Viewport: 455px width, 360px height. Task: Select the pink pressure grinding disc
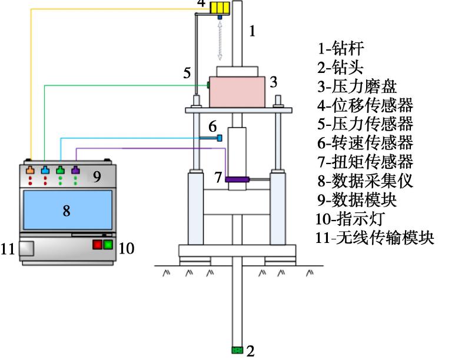(237, 91)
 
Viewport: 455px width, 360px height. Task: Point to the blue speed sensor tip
(220, 138)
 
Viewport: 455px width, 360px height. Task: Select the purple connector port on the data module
(75, 171)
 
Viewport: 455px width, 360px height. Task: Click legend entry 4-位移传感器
(365, 105)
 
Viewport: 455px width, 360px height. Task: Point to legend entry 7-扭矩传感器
(365, 162)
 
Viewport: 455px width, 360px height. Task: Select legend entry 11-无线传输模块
(374, 238)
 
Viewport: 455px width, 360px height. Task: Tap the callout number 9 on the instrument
(97, 176)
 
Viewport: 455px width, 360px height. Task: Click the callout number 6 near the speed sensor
(212, 126)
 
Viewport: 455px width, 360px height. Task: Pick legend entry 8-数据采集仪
(365, 181)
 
